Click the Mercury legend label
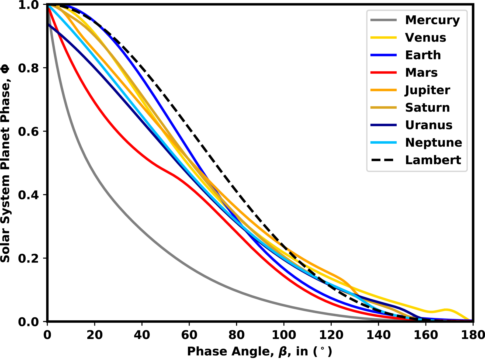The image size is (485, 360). tap(432, 20)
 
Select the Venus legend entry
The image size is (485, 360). tap(425, 37)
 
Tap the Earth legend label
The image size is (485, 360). tap(423, 55)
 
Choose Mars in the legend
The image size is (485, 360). tap(421, 72)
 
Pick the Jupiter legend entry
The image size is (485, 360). tap(427, 90)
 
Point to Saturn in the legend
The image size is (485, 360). tap(427, 108)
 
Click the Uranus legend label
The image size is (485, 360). tap(429, 125)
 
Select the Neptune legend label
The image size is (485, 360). tap(434, 143)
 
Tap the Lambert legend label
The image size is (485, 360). tap(433, 160)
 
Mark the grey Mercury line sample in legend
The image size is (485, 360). tap(383, 20)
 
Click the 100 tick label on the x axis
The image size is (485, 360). tap(284, 335)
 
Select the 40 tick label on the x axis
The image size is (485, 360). tap(142, 335)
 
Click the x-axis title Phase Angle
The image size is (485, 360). tap(259, 351)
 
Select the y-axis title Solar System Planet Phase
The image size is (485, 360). tap(5, 164)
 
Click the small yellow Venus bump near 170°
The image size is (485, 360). tap(447, 310)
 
